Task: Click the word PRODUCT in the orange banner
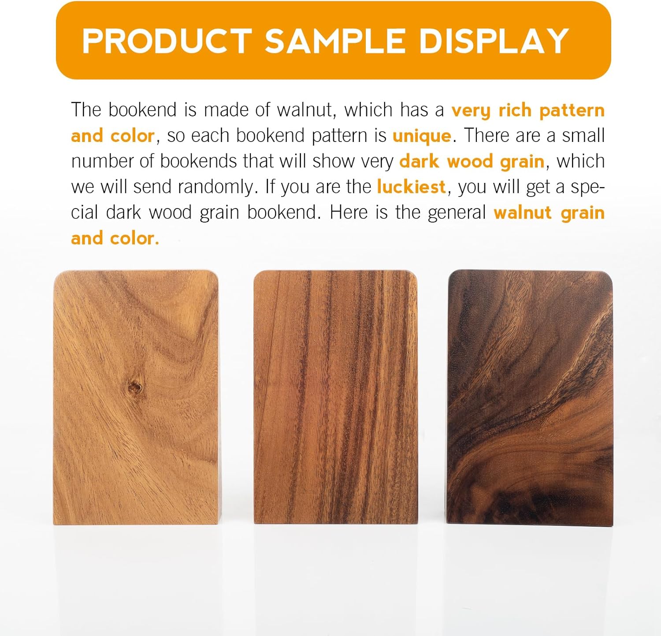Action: click(x=167, y=41)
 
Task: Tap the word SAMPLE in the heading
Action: click(x=335, y=41)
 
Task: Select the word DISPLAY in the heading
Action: click(x=494, y=41)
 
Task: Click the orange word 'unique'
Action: click(x=422, y=136)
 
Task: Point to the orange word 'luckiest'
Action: click(x=411, y=187)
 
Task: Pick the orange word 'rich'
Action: click(x=514, y=110)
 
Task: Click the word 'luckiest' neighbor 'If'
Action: click(x=270, y=187)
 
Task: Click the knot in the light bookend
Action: click(x=135, y=388)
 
